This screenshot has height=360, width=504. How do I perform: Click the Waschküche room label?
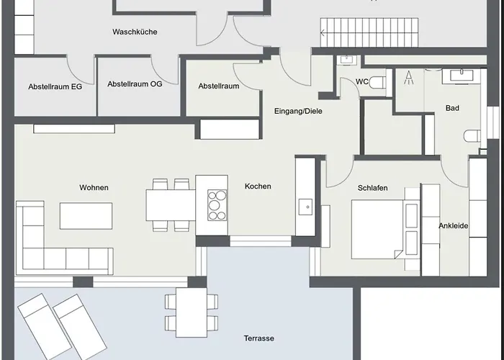(135, 32)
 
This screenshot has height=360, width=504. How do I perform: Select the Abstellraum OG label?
(135, 84)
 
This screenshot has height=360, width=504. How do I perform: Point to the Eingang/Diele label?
(298, 111)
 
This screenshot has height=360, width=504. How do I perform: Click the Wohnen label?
(94, 187)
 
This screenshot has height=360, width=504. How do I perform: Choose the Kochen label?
(258, 186)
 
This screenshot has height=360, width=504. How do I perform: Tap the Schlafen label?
(372, 188)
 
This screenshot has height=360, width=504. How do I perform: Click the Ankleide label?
(454, 226)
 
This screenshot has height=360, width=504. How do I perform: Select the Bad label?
(452, 109)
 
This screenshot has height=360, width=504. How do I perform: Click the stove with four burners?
(217, 204)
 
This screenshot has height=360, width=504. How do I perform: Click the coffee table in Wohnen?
(86, 215)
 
